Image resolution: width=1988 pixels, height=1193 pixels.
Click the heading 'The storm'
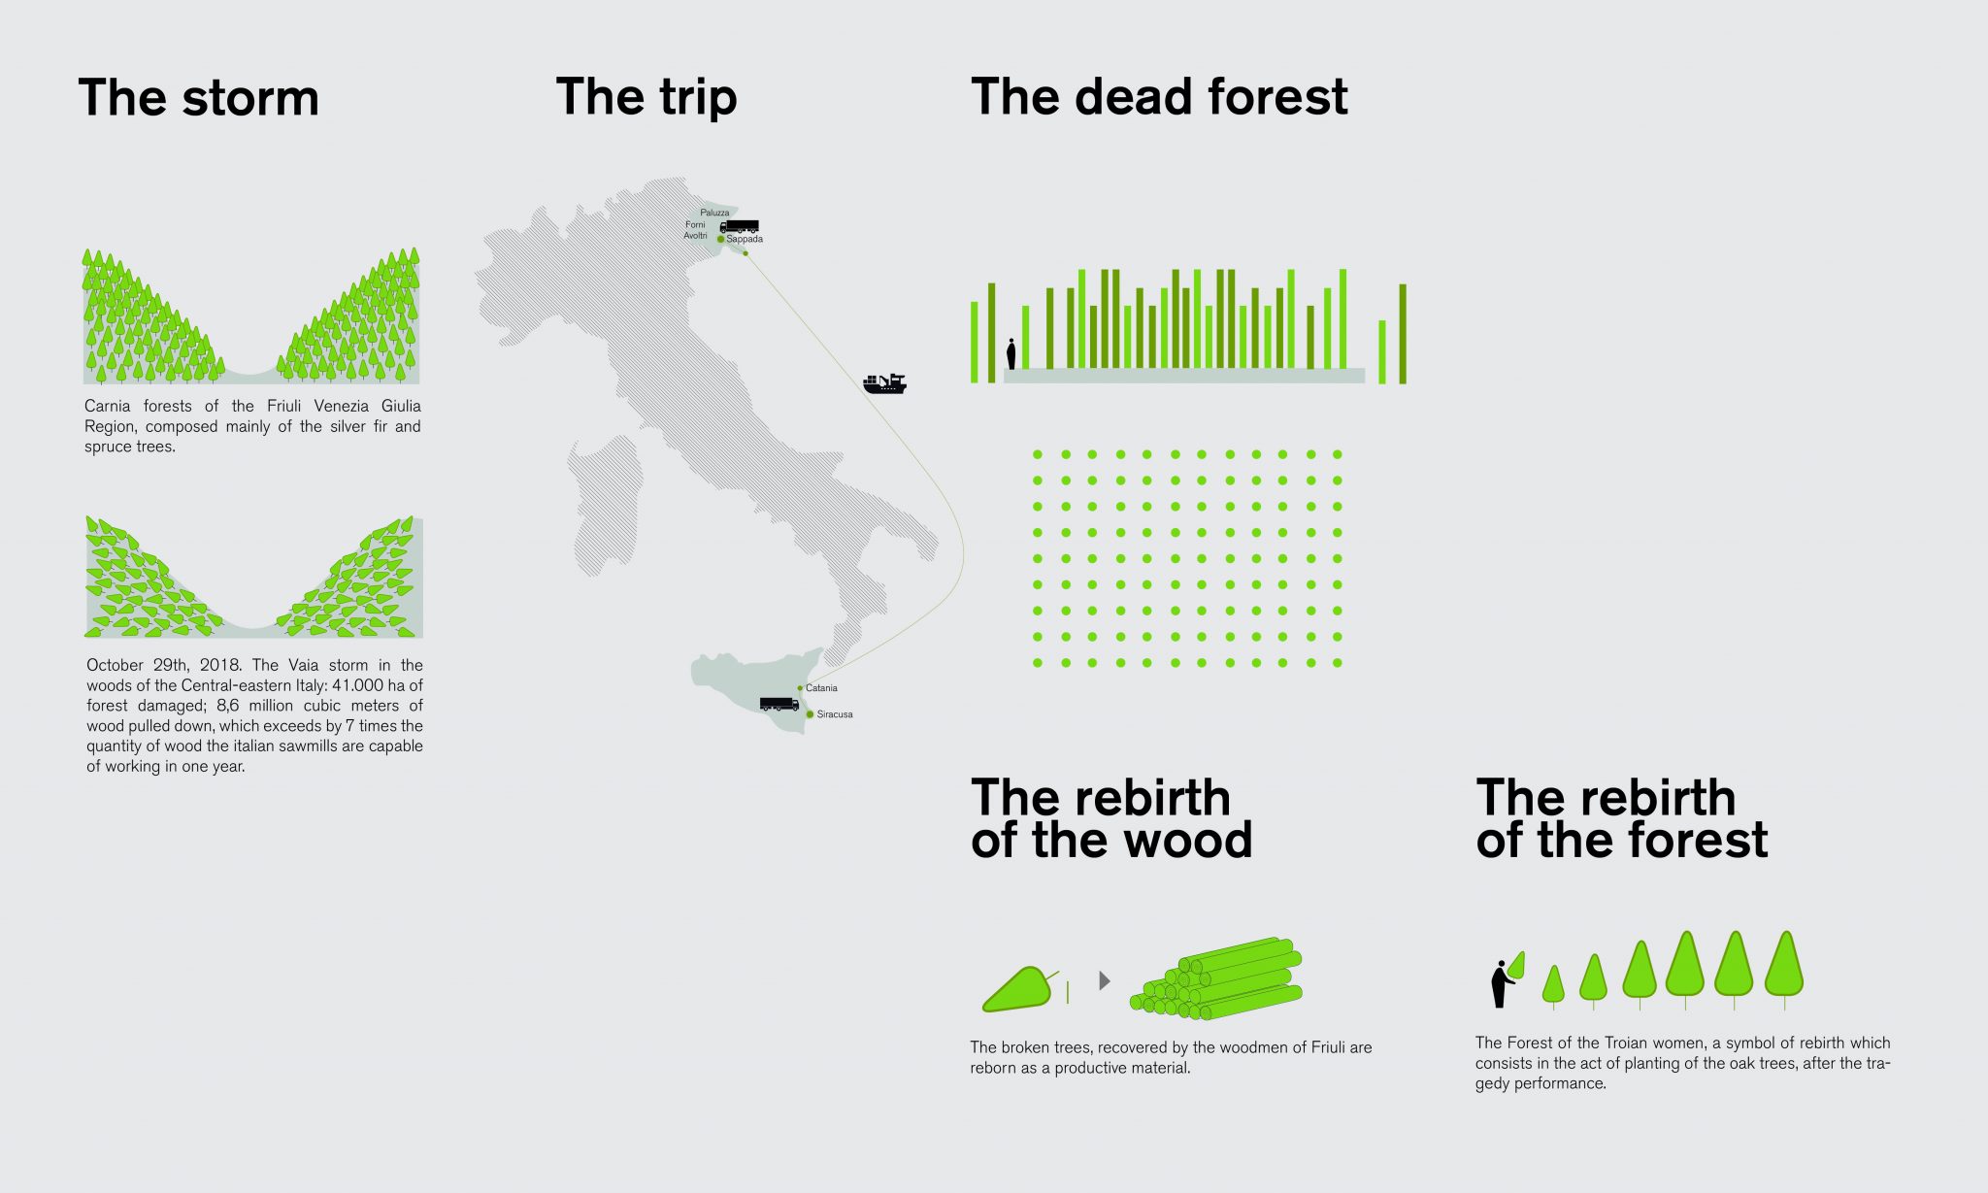(198, 98)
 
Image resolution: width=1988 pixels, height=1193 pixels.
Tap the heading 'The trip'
(646, 98)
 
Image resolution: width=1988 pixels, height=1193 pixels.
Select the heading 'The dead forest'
(1159, 97)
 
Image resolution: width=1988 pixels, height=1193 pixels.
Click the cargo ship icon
(884, 383)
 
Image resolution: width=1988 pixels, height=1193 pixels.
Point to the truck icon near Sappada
(739, 227)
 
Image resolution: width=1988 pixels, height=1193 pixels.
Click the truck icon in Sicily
(779, 704)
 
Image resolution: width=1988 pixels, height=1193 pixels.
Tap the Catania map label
(821, 688)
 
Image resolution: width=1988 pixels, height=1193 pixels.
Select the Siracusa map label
(835, 714)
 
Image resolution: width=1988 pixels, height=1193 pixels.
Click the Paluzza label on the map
(714, 213)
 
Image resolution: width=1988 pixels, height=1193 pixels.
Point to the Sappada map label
(745, 239)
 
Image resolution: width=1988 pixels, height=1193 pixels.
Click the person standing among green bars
(1011, 353)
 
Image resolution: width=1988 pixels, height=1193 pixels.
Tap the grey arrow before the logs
(1105, 980)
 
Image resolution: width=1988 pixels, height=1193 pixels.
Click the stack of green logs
(1216, 978)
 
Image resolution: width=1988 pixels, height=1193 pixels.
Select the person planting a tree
(1502, 983)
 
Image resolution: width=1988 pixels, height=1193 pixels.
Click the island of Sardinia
(605, 505)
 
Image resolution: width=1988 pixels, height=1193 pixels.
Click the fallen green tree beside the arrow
(1018, 988)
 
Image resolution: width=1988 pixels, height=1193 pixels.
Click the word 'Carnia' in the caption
(107, 406)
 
